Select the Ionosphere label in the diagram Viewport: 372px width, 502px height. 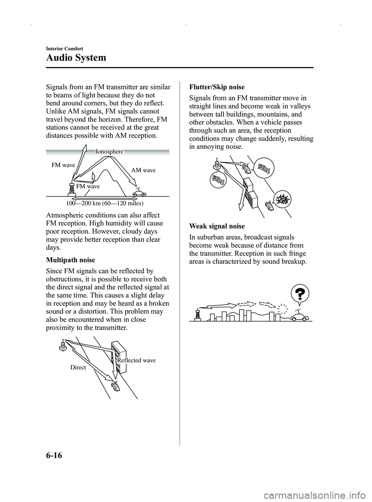pos(110,152)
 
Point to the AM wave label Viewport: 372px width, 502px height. pos(143,170)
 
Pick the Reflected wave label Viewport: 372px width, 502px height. pos(136,361)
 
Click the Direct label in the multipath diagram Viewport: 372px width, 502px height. pos(78,367)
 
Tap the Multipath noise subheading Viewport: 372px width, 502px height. pos(70,260)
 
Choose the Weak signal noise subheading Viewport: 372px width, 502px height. pos(217,226)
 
